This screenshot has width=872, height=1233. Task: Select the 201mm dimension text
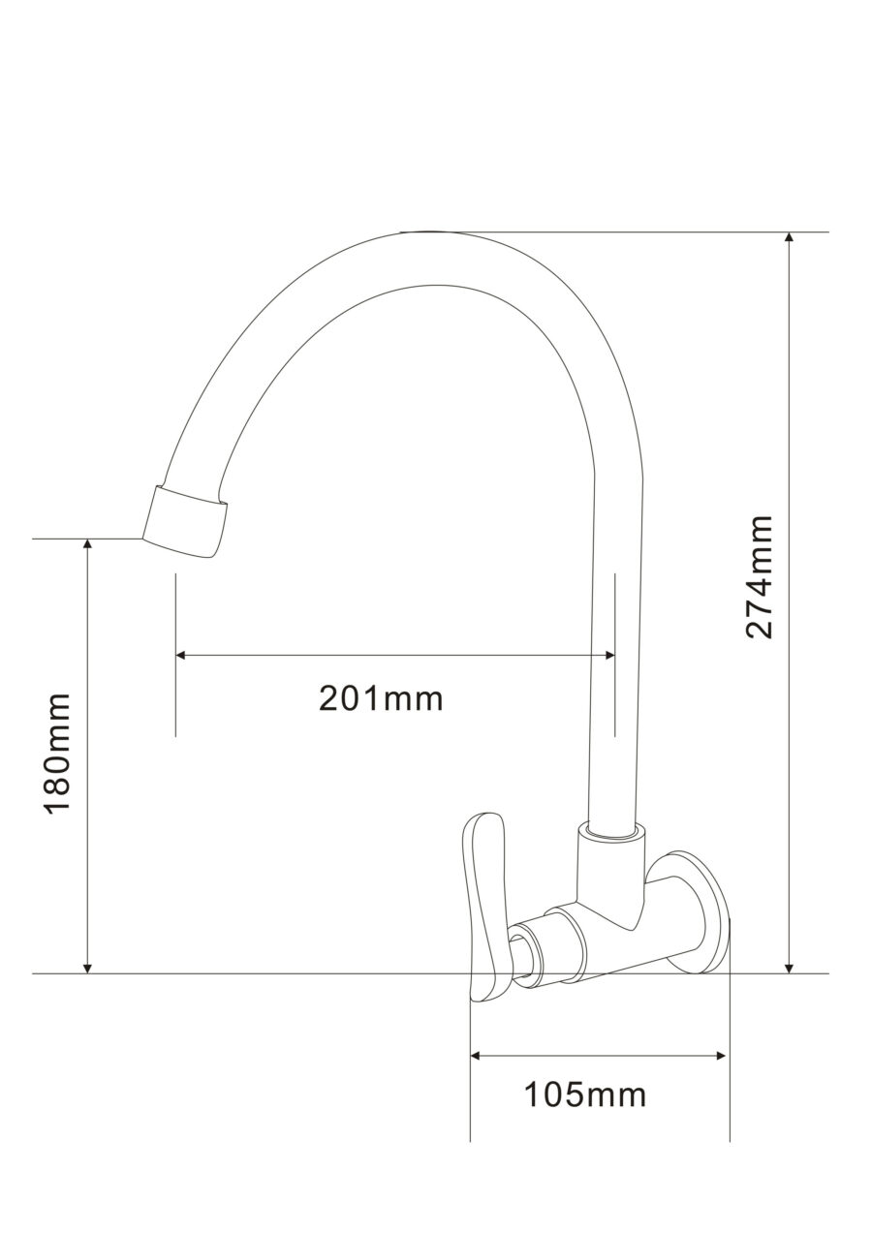(381, 697)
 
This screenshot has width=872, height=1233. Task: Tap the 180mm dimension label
(58, 753)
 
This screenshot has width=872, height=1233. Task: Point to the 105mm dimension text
(585, 1095)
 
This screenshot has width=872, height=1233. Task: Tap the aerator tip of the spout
(187, 521)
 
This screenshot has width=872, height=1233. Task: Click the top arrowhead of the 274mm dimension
(790, 239)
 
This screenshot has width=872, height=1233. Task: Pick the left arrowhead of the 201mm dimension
(181, 655)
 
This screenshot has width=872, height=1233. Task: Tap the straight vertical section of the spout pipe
(616, 678)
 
